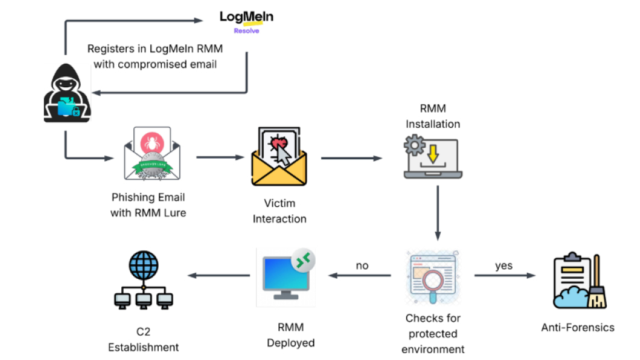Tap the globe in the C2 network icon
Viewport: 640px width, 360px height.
[x=144, y=265]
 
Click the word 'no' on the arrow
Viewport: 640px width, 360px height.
[x=362, y=265]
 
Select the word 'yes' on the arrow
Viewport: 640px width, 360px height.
[x=504, y=265]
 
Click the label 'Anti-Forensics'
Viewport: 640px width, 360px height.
[x=578, y=327]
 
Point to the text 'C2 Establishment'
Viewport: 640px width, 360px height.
[x=144, y=339]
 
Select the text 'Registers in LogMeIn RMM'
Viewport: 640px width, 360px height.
[x=155, y=49]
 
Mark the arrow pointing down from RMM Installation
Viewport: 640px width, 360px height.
[x=437, y=212]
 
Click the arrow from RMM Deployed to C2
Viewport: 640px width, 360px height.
[x=219, y=276]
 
